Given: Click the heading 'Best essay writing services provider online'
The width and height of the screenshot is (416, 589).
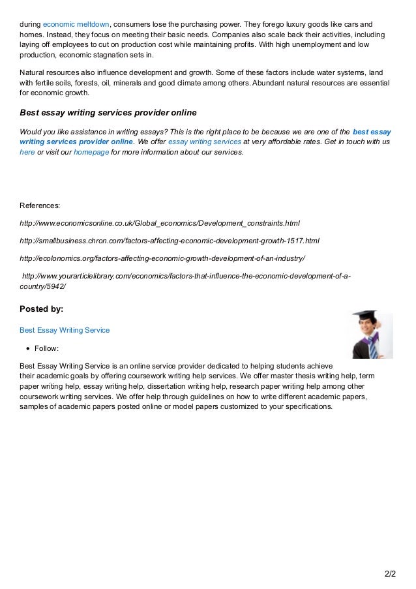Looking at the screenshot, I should [x=108, y=112].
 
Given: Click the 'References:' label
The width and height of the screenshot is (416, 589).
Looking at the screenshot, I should [x=40, y=205].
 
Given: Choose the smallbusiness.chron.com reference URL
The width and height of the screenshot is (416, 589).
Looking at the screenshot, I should [x=170, y=240].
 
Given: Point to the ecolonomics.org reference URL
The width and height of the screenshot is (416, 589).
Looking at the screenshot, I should [x=162, y=258].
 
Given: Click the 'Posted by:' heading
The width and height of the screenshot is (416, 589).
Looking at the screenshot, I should [x=42, y=309].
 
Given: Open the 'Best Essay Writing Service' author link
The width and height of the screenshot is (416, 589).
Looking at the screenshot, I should [x=65, y=330].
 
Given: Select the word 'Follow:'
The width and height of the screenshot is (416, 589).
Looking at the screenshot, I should [x=48, y=348].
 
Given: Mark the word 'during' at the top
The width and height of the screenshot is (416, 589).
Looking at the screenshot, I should [x=29, y=24].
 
